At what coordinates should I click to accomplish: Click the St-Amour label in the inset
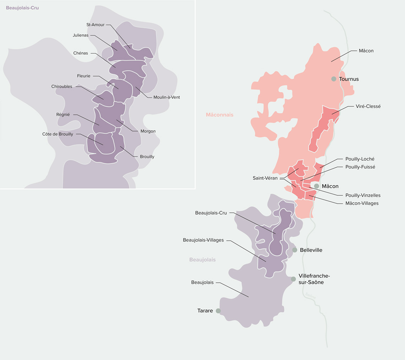[96, 25]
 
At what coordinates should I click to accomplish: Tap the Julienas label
[80, 35]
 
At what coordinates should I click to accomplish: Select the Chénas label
[81, 53]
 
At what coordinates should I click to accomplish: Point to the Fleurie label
[84, 76]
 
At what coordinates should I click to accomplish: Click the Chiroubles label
[62, 86]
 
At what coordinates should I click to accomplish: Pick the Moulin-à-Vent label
[167, 97]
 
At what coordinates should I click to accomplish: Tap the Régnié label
[63, 115]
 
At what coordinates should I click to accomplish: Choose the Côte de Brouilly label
[58, 134]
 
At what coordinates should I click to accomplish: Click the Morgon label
[148, 131]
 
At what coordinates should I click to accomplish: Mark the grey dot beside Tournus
[334, 79]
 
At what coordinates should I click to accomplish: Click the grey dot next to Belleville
[295, 250]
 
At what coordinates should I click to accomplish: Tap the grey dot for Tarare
[218, 311]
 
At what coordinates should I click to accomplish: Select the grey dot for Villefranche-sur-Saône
[293, 279]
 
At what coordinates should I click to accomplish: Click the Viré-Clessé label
[368, 106]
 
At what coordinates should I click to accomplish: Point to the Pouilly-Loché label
[360, 159]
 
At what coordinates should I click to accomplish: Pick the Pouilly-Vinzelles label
[363, 195]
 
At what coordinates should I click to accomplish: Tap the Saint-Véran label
[265, 178]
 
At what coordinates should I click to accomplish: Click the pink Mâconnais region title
[220, 115]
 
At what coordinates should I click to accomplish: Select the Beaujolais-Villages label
[203, 240]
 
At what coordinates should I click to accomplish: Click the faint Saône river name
[310, 295]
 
